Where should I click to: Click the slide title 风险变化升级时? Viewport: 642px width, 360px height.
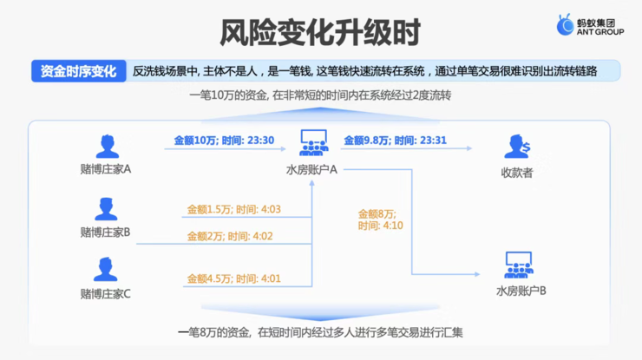(x=320, y=32)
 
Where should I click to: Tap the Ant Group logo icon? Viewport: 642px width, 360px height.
(x=565, y=24)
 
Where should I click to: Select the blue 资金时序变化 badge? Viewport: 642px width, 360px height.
(x=79, y=71)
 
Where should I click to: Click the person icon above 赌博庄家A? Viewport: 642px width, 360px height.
(x=108, y=147)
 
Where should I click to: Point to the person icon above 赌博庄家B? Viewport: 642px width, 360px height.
(x=106, y=209)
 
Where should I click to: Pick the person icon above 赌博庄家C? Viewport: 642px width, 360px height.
(x=106, y=269)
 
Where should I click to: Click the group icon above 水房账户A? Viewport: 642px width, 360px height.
(x=314, y=143)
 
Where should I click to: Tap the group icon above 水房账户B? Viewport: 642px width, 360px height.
(x=519, y=265)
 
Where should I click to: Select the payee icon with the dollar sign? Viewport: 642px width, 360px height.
(x=517, y=147)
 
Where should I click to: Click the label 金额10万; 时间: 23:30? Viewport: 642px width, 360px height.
(x=224, y=141)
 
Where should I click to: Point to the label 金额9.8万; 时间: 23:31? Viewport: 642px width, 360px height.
(x=395, y=141)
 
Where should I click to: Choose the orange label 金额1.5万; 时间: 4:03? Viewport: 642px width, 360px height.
(x=233, y=210)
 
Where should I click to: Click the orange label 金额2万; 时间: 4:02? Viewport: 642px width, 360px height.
(x=230, y=236)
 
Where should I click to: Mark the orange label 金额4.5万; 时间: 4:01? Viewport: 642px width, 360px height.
(x=233, y=279)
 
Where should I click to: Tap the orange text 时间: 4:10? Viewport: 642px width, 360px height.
(x=380, y=226)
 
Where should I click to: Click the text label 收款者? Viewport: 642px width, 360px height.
(x=517, y=173)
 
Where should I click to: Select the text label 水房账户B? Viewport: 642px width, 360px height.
(x=521, y=291)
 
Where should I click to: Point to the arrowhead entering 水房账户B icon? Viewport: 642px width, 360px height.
(x=477, y=274)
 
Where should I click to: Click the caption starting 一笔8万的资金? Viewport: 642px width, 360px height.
(x=320, y=332)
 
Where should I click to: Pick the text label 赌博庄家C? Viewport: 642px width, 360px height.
(x=105, y=294)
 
